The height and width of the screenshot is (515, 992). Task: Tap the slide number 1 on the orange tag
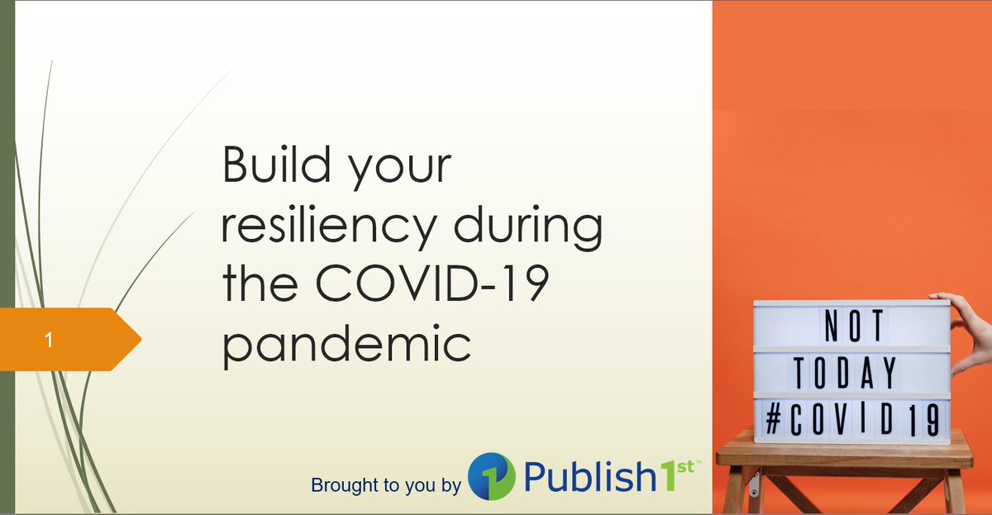[x=50, y=339]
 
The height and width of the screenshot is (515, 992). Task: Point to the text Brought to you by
[x=385, y=485]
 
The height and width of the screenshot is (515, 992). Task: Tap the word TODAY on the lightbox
[x=846, y=374]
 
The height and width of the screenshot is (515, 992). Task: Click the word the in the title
[x=260, y=286]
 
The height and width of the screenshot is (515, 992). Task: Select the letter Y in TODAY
[x=888, y=374]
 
